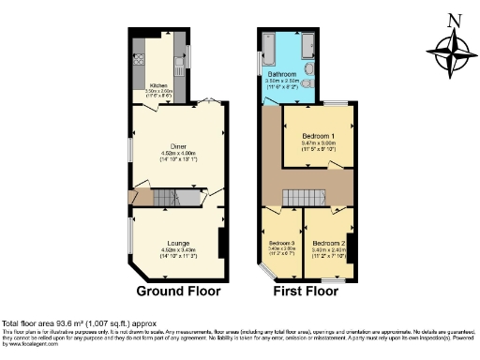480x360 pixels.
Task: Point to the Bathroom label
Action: pyautogui.click(x=282, y=73)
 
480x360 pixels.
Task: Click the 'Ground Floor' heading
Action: pyautogui.click(x=179, y=291)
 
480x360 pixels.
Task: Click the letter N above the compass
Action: pyautogui.click(x=455, y=21)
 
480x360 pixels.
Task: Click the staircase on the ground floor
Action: pyautogui.click(x=169, y=198)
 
